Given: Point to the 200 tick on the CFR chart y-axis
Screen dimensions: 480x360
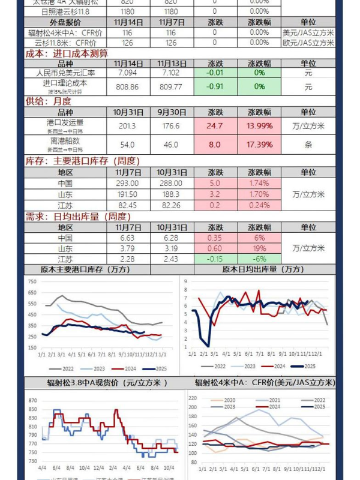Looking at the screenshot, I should (192, 407).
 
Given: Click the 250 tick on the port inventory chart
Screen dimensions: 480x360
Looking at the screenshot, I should (33, 337).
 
